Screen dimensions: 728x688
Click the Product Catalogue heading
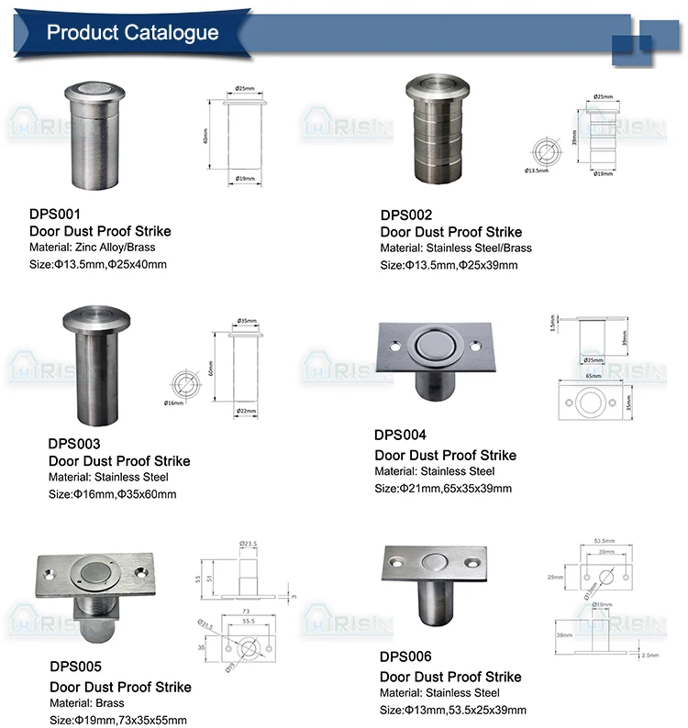point(132,34)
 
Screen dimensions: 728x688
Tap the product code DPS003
point(74,444)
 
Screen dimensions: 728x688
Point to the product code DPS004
point(401,436)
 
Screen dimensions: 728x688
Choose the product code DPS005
point(75,667)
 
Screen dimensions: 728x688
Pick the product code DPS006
point(405,656)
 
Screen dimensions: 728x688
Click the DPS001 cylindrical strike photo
point(91,138)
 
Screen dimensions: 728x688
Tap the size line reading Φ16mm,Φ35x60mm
point(112,494)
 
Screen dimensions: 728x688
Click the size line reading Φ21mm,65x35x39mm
point(443,489)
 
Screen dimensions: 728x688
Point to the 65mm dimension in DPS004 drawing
point(594,376)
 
